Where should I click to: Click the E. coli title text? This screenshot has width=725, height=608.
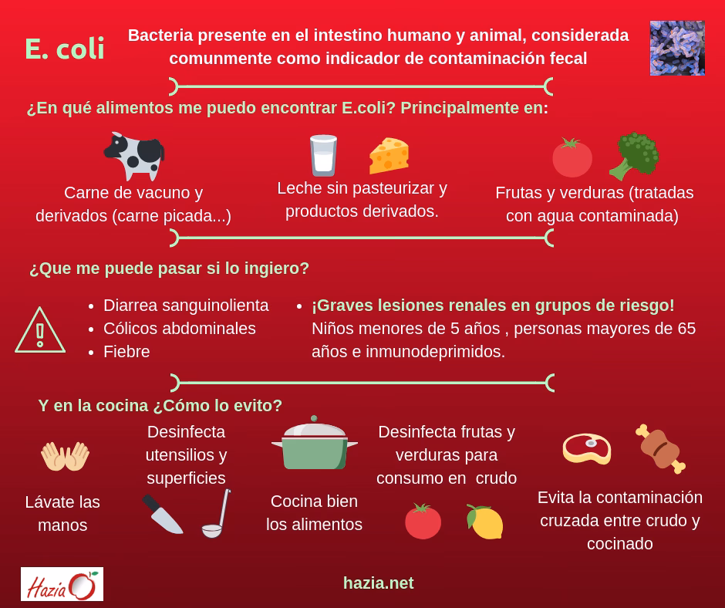coord(65,49)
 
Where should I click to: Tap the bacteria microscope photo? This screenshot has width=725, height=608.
coord(676,48)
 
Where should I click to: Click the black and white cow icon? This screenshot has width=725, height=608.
coord(134,155)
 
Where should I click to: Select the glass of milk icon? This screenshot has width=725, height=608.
coord(322,155)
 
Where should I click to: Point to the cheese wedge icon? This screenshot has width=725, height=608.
coord(388,155)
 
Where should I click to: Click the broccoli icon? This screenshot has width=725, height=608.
coord(634,156)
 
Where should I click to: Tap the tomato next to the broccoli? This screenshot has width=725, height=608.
coord(572,157)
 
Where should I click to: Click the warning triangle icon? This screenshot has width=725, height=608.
coord(40,331)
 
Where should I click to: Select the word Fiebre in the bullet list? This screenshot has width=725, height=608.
coord(126,352)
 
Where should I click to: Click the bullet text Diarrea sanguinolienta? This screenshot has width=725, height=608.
coord(186,306)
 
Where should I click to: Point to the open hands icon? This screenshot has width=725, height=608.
coord(65,456)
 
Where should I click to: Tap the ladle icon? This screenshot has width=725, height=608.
coord(216,513)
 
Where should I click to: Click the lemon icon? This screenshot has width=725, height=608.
coord(485,522)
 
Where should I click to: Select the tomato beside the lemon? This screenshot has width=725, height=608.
coord(423,522)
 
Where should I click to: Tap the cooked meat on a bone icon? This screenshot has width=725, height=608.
coord(660,448)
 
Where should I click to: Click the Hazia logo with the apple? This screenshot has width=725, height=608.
coord(62,584)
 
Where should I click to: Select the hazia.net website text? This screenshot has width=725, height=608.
coord(378,583)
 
